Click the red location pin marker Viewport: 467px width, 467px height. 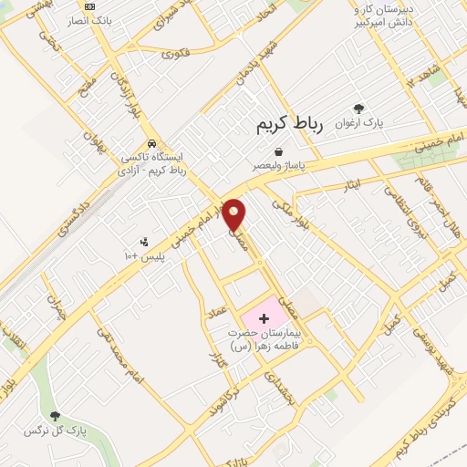pyautogui.click(x=235, y=213)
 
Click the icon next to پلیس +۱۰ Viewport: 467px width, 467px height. pyautogui.click(x=143, y=242)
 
